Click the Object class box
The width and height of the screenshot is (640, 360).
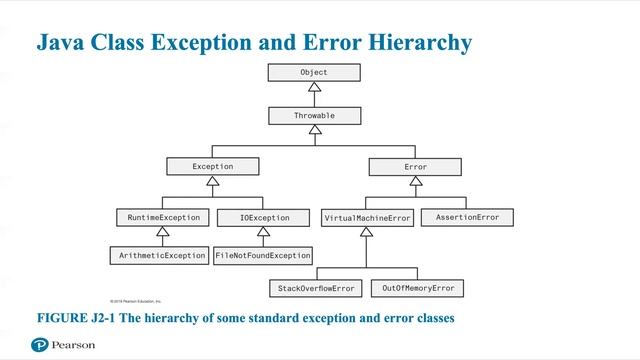click(313, 72)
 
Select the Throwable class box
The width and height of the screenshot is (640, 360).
click(313, 116)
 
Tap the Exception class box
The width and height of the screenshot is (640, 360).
click(212, 166)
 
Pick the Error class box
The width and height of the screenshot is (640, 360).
click(415, 166)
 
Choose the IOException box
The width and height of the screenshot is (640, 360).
click(264, 217)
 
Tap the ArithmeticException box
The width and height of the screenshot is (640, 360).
click(158, 256)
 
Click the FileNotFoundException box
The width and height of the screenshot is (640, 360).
click(263, 256)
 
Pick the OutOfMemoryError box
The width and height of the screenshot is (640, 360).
click(417, 288)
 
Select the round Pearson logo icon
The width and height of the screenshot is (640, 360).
click(40, 344)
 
